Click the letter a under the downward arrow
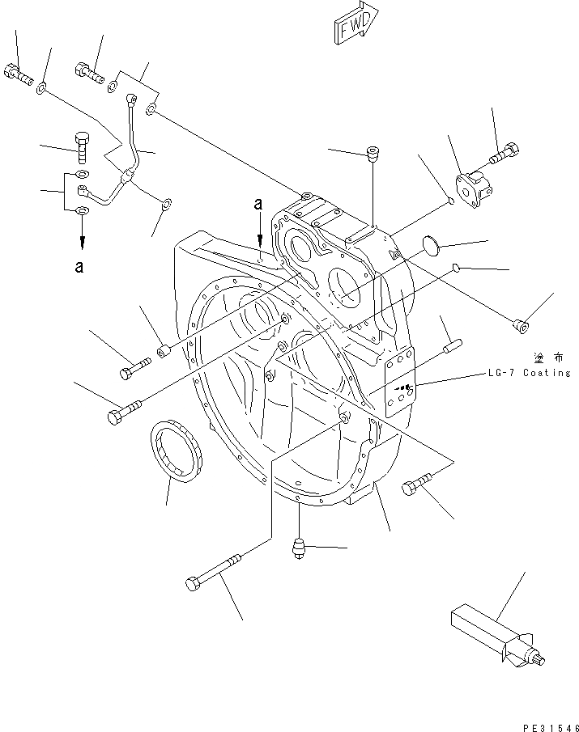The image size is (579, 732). click(79, 269)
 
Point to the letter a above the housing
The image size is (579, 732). click(258, 206)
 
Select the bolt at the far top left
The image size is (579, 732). click(19, 76)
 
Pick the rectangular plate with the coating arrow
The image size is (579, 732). click(400, 383)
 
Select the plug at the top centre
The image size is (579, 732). click(373, 152)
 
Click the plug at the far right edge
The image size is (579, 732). click(522, 326)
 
